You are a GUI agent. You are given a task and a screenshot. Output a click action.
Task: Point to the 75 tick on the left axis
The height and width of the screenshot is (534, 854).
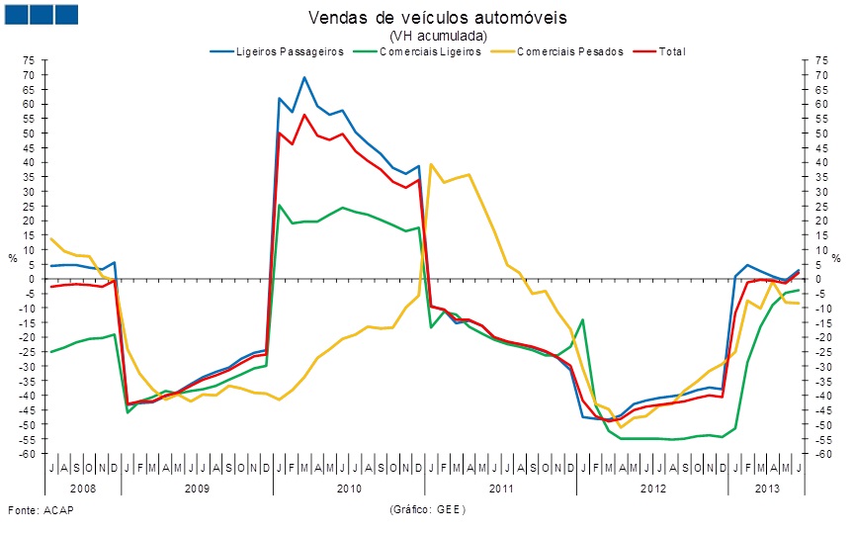coord(29,60)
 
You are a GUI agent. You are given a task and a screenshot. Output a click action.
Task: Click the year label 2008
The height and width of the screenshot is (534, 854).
coord(84,489)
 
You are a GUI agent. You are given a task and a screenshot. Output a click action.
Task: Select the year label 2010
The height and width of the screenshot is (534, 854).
coord(350,489)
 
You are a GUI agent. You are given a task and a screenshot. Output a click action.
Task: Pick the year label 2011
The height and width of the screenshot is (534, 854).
coord(501,489)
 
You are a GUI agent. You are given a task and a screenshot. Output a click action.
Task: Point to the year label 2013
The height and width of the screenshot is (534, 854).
coord(765,489)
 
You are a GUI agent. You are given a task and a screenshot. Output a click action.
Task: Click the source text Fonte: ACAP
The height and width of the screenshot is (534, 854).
coord(41,510)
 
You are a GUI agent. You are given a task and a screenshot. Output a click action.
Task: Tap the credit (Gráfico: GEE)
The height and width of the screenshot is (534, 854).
coord(427,510)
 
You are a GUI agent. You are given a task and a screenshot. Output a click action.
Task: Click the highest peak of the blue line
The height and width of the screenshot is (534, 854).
coord(304,77)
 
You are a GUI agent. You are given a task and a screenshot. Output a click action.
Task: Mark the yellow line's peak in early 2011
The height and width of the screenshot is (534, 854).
coord(431,164)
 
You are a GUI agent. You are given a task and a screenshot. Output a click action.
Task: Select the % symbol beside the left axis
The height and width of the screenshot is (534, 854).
coord(13,257)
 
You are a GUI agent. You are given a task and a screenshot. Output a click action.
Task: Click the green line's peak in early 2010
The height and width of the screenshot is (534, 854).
coord(280,206)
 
